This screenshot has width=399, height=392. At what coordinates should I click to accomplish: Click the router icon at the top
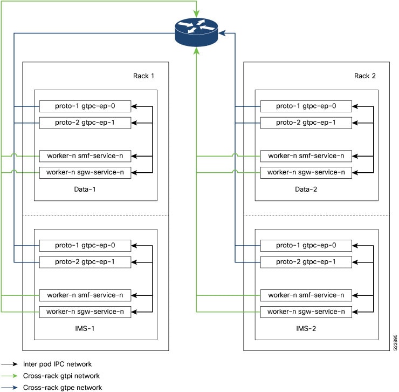click(x=197, y=32)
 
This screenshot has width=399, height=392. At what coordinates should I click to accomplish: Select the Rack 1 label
click(x=144, y=76)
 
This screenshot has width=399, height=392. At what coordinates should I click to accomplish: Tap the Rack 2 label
click(x=366, y=76)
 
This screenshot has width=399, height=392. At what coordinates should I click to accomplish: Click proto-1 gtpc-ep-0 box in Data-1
click(x=85, y=106)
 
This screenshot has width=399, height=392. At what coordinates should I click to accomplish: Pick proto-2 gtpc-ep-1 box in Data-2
click(x=306, y=123)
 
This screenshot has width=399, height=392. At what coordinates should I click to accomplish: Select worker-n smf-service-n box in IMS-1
click(x=85, y=295)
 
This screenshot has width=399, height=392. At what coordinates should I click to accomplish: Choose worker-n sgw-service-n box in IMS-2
click(x=306, y=312)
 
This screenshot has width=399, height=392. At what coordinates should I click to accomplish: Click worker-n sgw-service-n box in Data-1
click(x=85, y=173)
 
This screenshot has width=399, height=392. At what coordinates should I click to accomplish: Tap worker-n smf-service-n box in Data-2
click(x=306, y=156)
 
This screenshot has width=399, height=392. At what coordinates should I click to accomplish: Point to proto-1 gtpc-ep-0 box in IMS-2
click(x=306, y=245)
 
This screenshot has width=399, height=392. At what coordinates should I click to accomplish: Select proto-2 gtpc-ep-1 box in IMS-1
click(x=85, y=262)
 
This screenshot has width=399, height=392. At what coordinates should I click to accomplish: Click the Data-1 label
click(x=85, y=190)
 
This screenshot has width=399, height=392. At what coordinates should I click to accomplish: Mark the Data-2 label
click(x=306, y=190)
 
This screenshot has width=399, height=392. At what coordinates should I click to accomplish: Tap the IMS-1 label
click(x=85, y=328)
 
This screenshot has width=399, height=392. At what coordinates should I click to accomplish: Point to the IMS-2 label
click(x=306, y=328)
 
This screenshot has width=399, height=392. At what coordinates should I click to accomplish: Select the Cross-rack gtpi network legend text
click(x=61, y=376)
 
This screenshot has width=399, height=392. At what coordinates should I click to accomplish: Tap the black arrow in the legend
click(x=10, y=364)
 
